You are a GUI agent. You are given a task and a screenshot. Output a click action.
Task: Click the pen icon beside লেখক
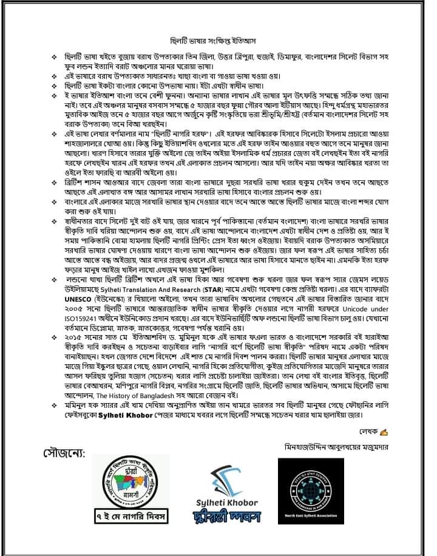(383, 432)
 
